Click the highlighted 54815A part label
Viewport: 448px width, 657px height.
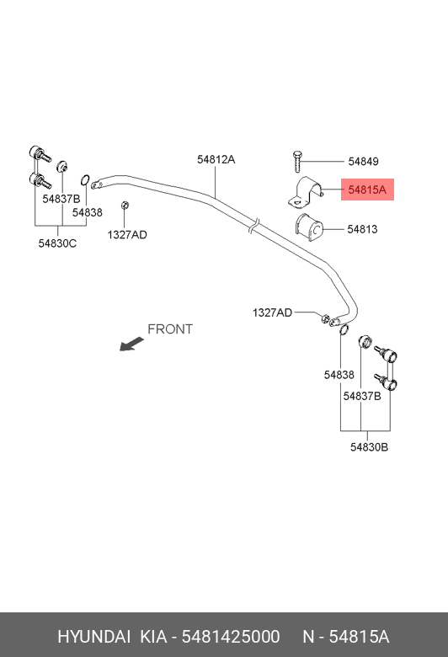367,190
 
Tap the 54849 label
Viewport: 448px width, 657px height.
363,162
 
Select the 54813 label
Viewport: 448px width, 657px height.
362,229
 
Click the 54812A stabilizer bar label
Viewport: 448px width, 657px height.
216,159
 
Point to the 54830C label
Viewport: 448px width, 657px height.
57,243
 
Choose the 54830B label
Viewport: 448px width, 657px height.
369,447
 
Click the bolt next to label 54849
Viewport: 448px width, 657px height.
297,162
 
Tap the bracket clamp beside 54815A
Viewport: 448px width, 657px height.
306,192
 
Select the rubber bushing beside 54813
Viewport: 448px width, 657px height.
309,225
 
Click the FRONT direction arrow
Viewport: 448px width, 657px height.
131,344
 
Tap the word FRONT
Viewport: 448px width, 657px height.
170,328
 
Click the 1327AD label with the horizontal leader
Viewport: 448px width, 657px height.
272,312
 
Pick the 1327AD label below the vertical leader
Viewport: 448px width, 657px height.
127,235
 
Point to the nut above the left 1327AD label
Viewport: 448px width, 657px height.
125,206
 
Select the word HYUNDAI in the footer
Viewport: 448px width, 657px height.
93,637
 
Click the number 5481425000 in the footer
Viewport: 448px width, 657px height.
231,637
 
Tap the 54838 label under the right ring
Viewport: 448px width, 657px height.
339,375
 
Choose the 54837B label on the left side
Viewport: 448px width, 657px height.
61,199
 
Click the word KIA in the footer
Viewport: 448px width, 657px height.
153,637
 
